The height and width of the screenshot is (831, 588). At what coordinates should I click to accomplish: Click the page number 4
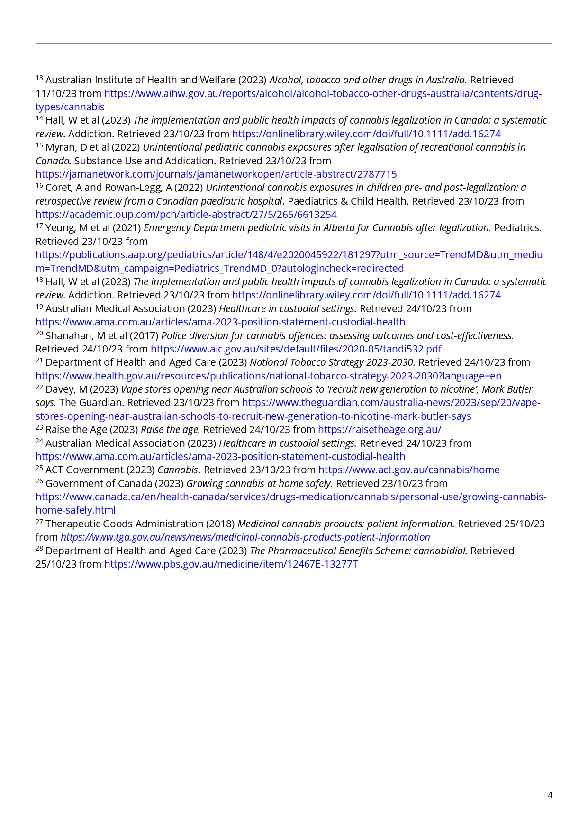tap(550, 795)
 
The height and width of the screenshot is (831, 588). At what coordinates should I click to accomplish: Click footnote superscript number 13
tap(39, 78)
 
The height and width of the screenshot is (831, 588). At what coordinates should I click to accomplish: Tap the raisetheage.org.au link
tap(379, 430)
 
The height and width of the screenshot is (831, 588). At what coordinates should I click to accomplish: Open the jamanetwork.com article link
tap(216, 174)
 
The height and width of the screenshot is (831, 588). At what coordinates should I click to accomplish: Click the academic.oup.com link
tap(186, 215)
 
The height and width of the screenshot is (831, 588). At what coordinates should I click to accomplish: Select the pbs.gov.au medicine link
tap(231, 564)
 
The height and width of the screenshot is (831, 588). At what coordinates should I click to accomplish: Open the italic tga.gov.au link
tap(245, 537)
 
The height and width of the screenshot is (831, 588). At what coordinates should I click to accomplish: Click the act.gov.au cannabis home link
tap(408, 470)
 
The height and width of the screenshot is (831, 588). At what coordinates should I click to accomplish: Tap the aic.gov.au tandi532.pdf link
tap(296, 349)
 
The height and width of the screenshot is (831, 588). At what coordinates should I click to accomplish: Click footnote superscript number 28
tap(39, 549)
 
